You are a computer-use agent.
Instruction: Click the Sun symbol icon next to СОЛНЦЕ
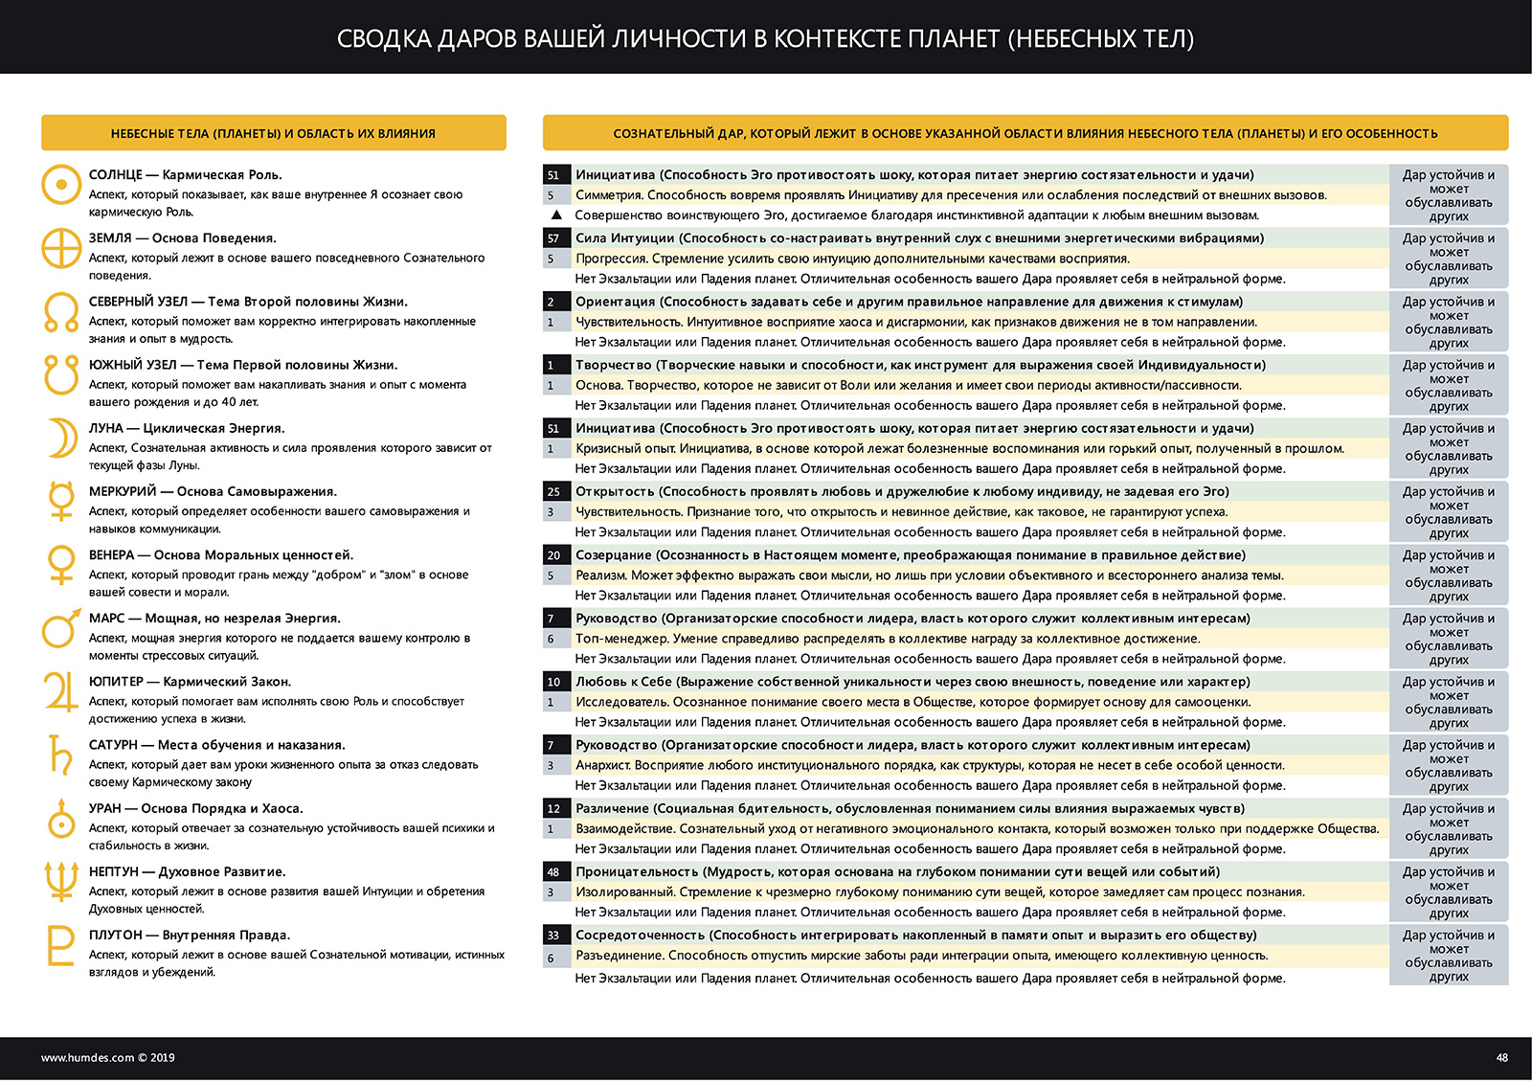pyautogui.click(x=61, y=184)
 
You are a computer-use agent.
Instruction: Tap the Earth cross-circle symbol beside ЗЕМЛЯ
pyautogui.click(x=61, y=248)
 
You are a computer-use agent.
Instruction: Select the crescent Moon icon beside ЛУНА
pyautogui.click(x=63, y=439)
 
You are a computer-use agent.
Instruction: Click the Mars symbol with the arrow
pyautogui.click(x=61, y=628)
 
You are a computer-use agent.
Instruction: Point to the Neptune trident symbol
pyautogui.click(x=61, y=881)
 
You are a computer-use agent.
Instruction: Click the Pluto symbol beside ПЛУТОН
pyautogui.click(x=60, y=945)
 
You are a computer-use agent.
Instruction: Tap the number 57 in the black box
pyautogui.click(x=553, y=238)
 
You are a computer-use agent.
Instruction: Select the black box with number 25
pyautogui.click(x=553, y=492)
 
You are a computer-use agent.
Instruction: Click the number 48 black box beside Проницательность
pyautogui.click(x=553, y=872)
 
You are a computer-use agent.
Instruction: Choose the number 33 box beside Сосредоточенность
pyautogui.click(x=553, y=936)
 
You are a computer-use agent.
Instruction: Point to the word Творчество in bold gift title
pyautogui.click(x=614, y=365)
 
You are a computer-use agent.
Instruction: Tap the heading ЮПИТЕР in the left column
pyautogui.click(x=116, y=682)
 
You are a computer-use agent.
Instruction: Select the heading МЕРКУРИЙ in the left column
pyautogui.click(x=123, y=492)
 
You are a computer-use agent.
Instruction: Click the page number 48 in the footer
pyautogui.click(x=1501, y=1058)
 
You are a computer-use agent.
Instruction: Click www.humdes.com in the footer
pyautogui.click(x=87, y=1058)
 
